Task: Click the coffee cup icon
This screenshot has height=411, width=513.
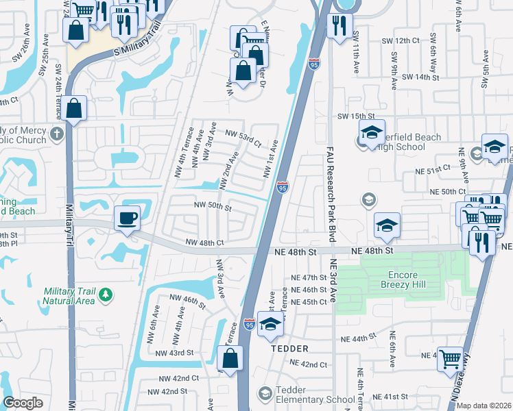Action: (128, 219)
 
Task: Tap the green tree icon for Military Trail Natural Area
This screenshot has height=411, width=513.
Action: (105, 295)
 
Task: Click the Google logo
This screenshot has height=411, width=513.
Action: (23, 403)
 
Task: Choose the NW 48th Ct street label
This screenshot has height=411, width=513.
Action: (206, 242)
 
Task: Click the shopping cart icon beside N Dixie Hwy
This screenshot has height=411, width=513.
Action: (450, 358)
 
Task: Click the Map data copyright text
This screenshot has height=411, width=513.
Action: (484, 406)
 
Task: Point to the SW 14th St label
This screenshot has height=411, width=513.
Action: (421, 77)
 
